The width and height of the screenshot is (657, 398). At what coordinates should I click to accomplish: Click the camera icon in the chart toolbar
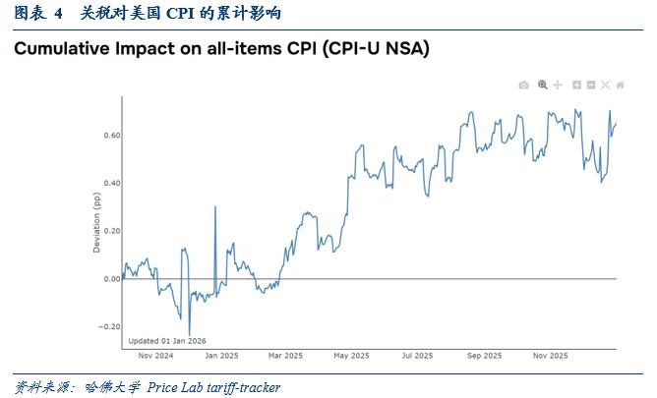(524, 85)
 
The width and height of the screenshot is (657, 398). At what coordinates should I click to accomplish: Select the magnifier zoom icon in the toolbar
(542, 85)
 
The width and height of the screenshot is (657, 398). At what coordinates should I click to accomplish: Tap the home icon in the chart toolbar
(621, 85)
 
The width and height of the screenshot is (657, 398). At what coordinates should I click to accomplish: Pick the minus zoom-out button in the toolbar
(591, 85)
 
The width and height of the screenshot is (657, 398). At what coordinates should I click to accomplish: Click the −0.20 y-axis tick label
(109, 327)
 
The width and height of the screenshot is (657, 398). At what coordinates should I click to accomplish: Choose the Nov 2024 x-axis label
(157, 356)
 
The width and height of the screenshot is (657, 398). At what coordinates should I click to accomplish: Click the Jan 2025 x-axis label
(221, 356)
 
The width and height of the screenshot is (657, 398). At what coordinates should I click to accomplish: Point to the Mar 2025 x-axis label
(284, 356)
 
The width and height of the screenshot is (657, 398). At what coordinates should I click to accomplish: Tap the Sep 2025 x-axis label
(483, 356)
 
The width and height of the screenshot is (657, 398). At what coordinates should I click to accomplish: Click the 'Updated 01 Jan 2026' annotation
(167, 340)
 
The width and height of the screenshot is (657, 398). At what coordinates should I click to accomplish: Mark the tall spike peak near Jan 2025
(215, 207)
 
